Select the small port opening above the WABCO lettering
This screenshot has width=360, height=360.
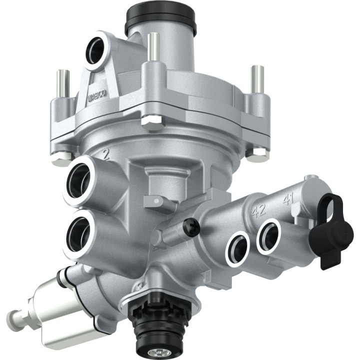point(96,51)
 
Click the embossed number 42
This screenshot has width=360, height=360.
point(258,211)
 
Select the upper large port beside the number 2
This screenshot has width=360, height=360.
point(80,177)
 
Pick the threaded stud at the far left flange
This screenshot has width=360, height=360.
point(62,82)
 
